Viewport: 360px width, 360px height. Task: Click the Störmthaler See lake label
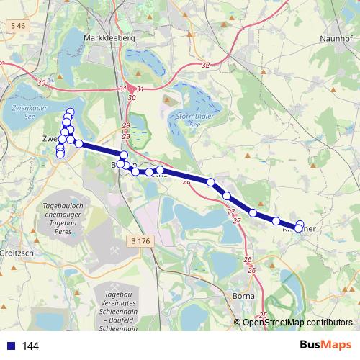point(183,118)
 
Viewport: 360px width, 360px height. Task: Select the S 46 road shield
point(19,25)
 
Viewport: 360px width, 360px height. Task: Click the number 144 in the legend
point(30,346)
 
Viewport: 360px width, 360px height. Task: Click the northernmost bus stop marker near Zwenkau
point(70,111)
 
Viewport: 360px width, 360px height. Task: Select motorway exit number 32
point(206,65)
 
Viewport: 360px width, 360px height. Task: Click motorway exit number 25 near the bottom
point(263,315)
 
